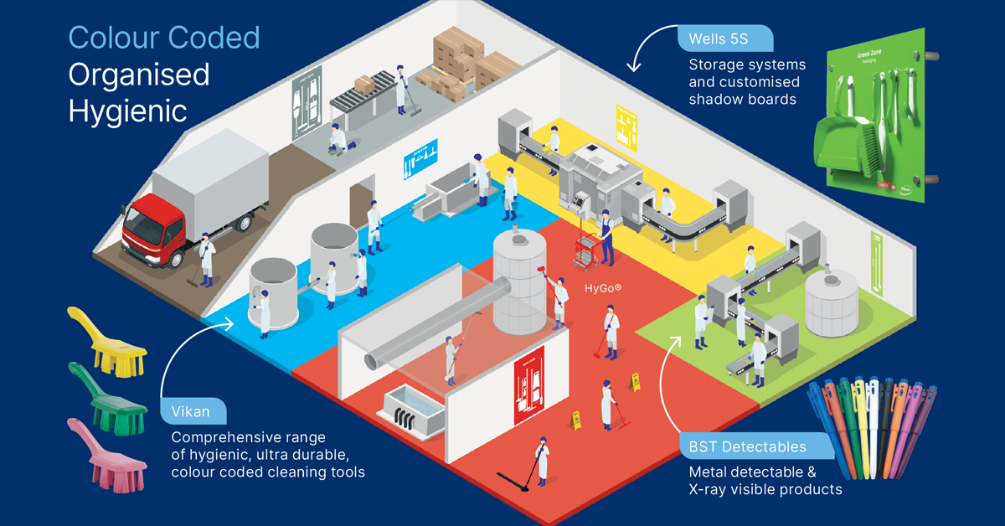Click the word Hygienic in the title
127,110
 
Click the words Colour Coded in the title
164,38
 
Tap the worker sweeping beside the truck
205,255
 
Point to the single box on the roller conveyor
364,85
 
